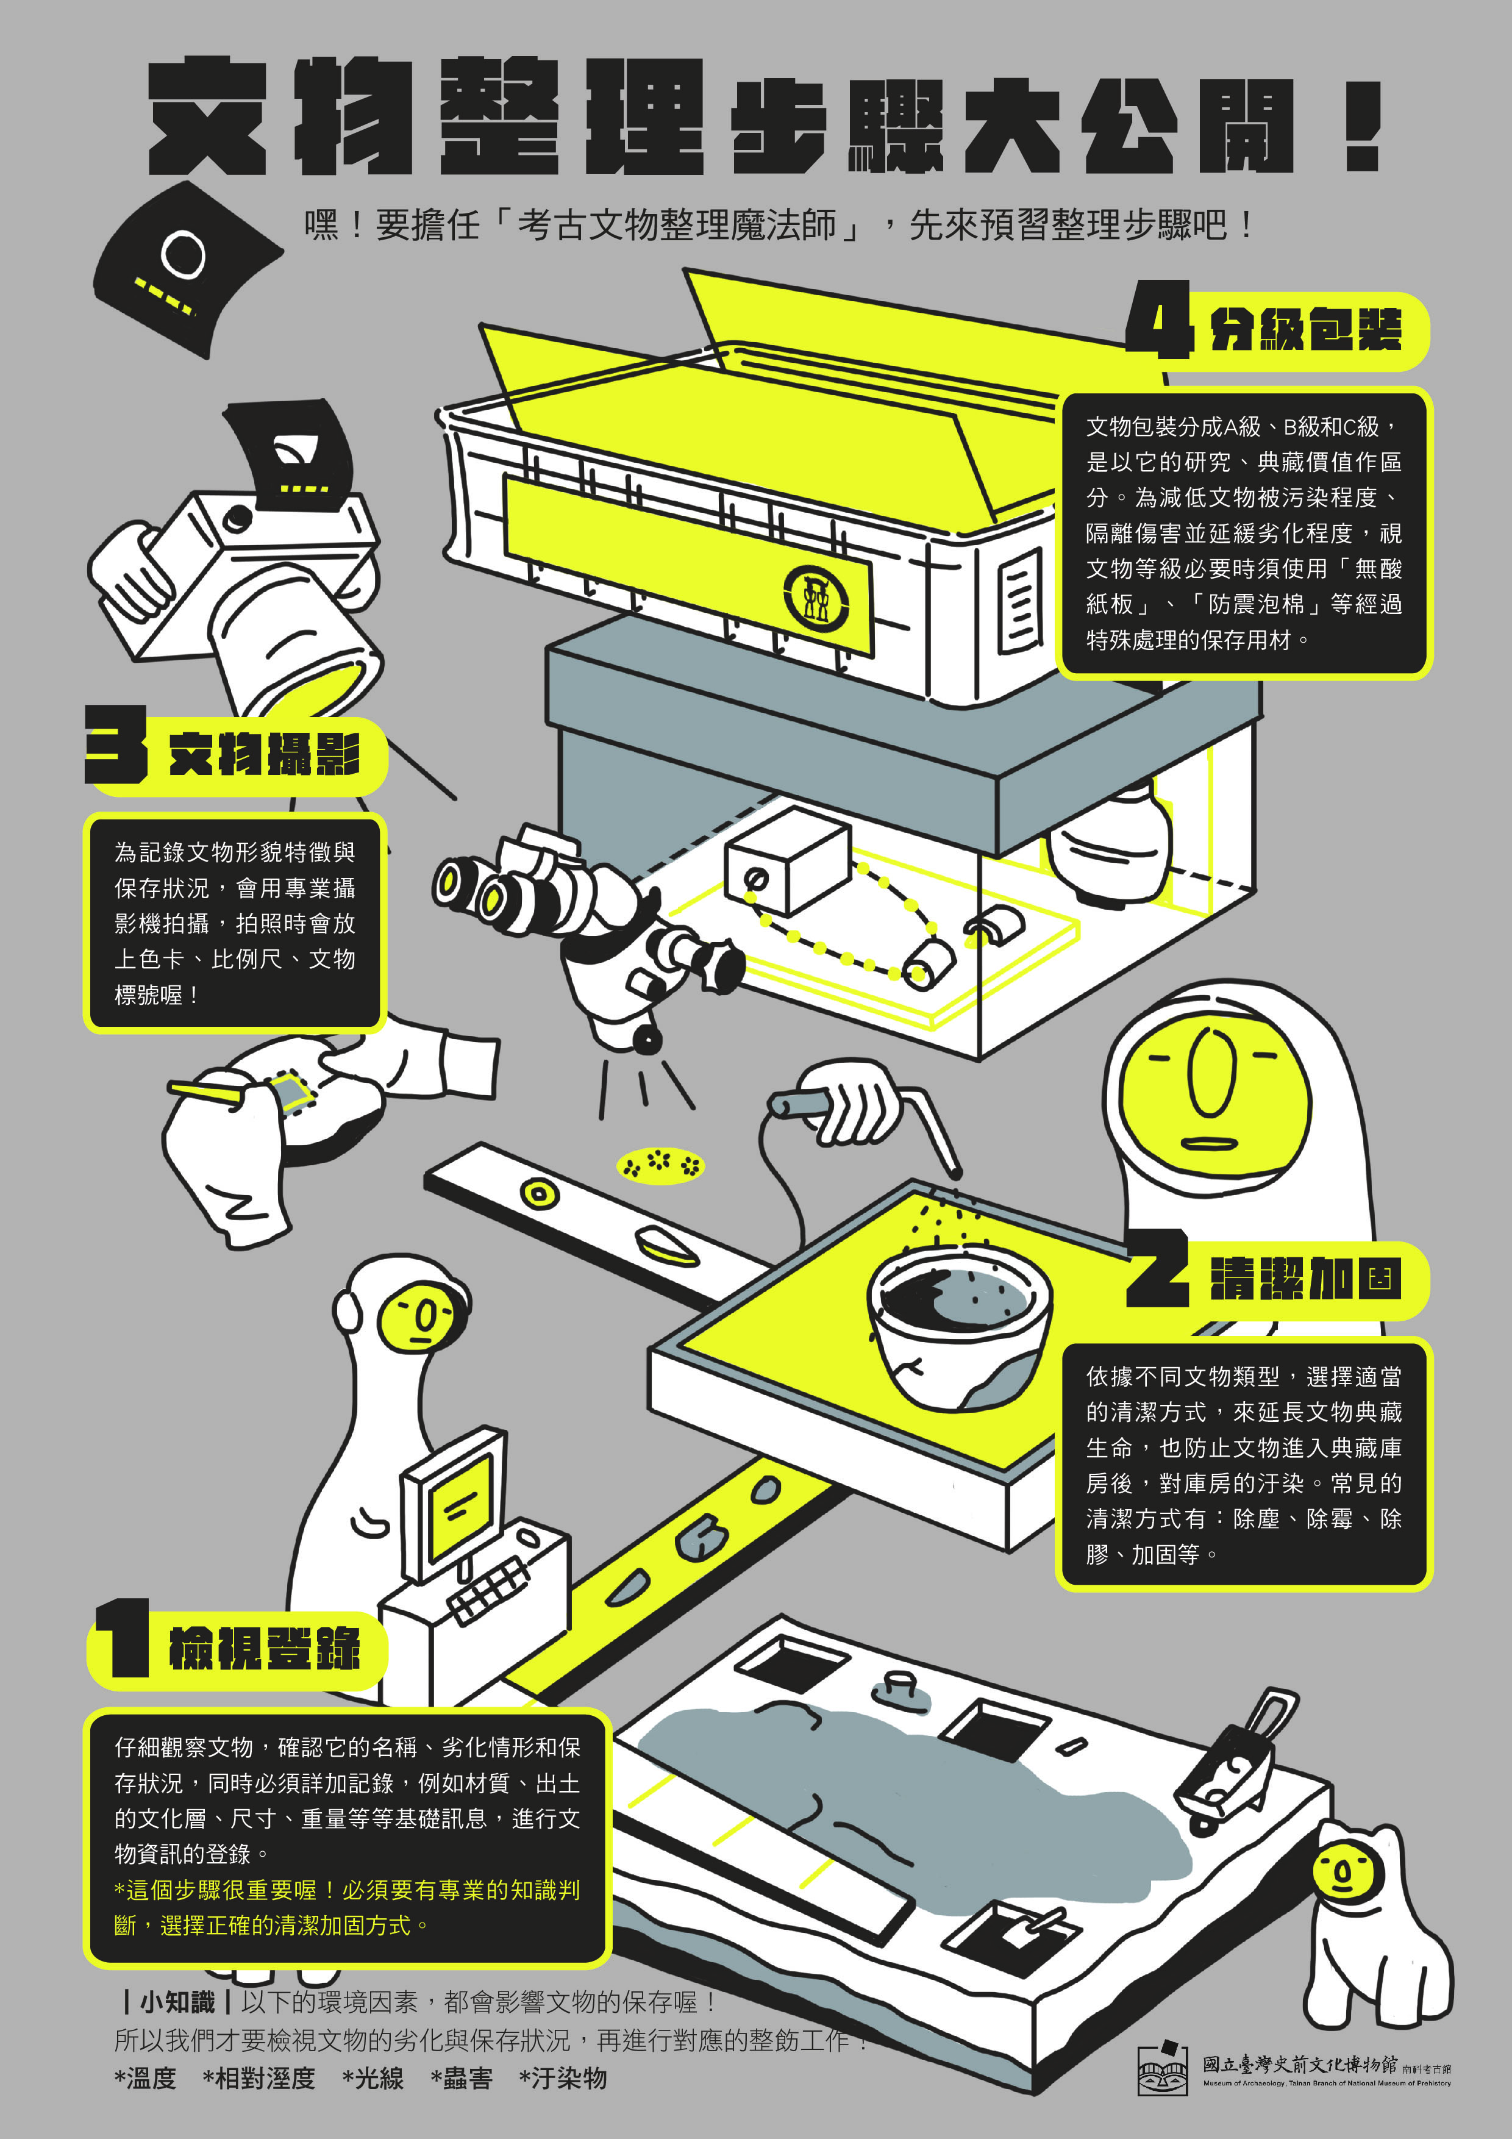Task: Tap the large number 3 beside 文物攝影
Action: (116, 743)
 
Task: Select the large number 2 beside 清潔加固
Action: (1158, 1268)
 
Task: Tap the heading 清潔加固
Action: (1306, 1278)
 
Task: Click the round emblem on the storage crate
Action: (817, 595)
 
